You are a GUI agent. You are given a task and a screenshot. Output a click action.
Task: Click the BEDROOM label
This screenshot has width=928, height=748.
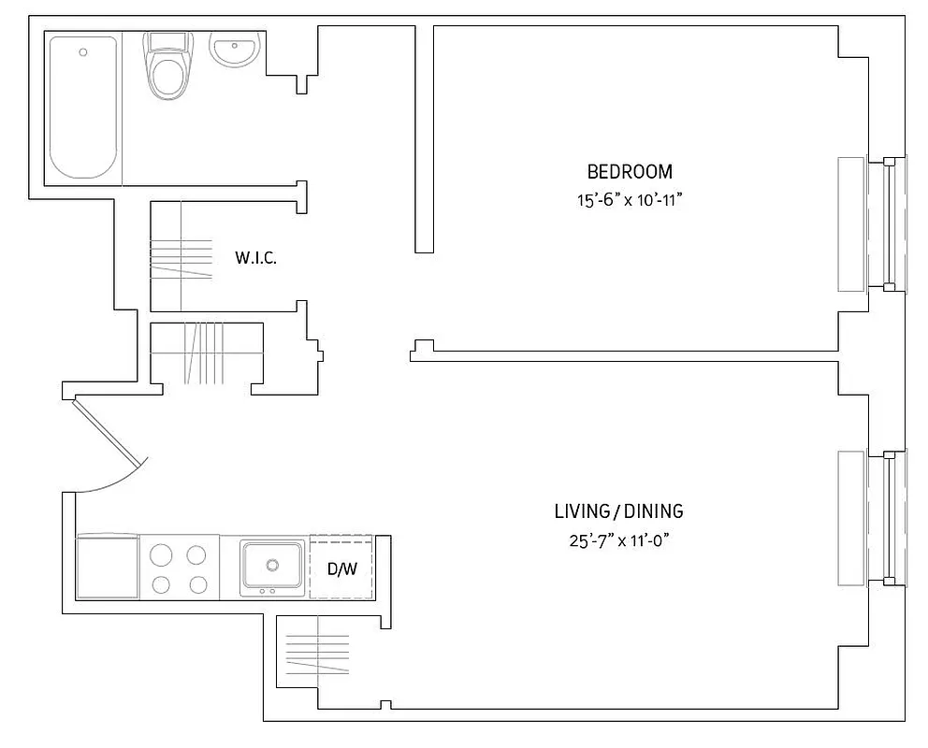click(629, 171)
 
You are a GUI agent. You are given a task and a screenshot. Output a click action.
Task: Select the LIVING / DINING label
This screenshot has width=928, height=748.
click(618, 511)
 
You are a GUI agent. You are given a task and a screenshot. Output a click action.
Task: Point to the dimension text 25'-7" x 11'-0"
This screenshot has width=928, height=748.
click(618, 540)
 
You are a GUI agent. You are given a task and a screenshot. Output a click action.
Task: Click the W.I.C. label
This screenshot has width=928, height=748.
click(255, 257)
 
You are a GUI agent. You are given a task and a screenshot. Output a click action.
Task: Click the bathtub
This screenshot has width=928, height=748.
click(83, 107)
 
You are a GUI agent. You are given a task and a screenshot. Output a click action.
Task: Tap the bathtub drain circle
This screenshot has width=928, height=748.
click(83, 51)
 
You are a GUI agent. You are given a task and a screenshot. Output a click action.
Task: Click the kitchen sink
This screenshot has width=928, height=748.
click(272, 565)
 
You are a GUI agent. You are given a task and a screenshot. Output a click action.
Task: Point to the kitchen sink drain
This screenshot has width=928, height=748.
click(272, 564)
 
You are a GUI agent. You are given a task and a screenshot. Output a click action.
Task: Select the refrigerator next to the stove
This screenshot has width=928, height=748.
click(107, 567)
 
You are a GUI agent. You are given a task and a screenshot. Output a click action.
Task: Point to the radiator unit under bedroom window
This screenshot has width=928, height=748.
click(850, 224)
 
